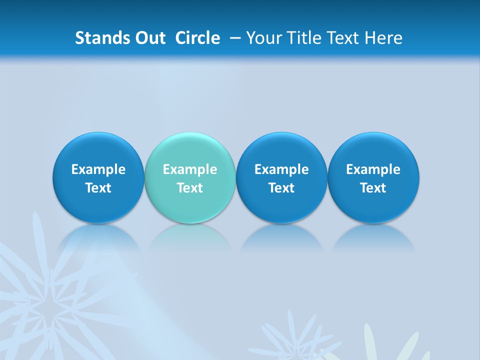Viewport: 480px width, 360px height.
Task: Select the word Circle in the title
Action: click(x=197, y=38)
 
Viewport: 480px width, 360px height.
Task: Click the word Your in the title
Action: click(x=262, y=38)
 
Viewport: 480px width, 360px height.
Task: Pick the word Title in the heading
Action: click(x=302, y=38)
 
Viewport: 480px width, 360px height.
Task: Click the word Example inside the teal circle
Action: click(x=190, y=169)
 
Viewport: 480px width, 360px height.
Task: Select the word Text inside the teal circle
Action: click(x=190, y=188)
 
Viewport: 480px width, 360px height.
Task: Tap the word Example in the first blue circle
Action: click(x=98, y=169)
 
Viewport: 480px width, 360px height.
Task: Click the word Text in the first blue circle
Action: click(x=98, y=188)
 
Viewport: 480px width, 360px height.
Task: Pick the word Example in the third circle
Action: click(x=281, y=169)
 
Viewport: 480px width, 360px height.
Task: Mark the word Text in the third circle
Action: click(x=281, y=188)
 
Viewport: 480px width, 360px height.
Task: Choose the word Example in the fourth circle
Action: click(x=373, y=169)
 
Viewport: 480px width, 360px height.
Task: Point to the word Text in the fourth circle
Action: click(x=373, y=188)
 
